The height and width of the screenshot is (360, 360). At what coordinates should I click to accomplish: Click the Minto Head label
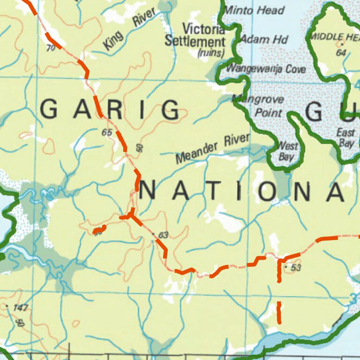[x=255, y=10]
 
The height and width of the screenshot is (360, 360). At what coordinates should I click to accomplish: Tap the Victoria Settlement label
[x=195, y=35]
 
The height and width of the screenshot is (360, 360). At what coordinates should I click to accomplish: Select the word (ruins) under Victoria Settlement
[x=211, y=53]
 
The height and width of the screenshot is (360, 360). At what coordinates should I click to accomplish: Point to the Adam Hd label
[x=265, y=39]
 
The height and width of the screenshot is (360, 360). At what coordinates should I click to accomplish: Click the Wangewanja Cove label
[x=266, y=69]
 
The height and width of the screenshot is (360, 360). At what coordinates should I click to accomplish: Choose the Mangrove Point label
[x=263, y=106]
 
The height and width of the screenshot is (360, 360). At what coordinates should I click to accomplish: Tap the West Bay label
[x=287, y=151]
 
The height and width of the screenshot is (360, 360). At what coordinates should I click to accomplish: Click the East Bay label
[x=345, y=138]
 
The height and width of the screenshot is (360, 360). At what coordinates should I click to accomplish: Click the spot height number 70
[x=51, y=47]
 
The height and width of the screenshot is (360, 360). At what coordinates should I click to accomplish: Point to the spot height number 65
[x=107, y=133]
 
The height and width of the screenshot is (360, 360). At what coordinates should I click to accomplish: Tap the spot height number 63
[x=163, y=235]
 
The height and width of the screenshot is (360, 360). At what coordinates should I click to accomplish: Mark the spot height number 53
[x=295, y=268]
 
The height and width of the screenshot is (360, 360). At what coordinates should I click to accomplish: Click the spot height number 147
[x=21, y=307]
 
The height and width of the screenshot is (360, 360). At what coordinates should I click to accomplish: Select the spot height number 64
[x=341, y=52]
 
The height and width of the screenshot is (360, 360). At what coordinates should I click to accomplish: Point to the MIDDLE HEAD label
[x=335, y=37]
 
